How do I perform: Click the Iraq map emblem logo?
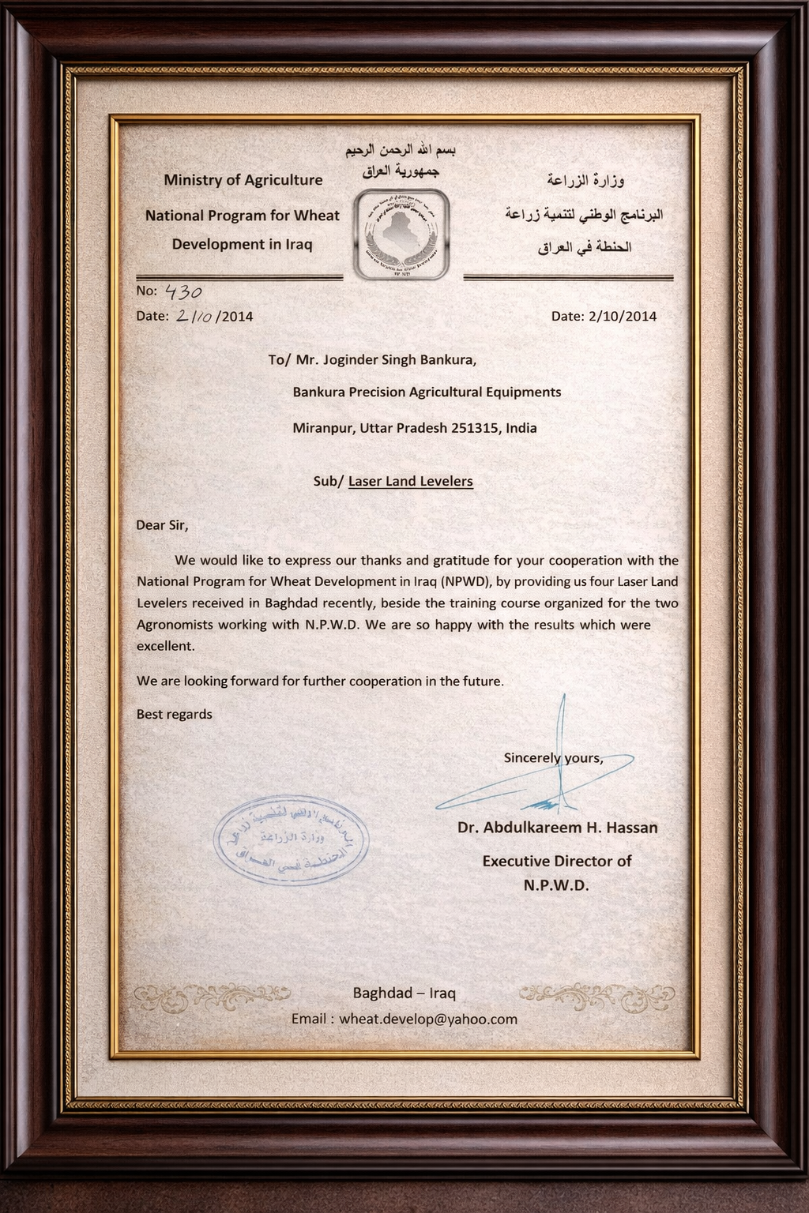[x=402, y=235]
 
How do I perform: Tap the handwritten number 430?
[x=181, y=292]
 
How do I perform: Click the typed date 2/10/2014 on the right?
[x=623, y=317]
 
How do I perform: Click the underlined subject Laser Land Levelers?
[x=410, y=481]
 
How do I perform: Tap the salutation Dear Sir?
[x=163, y=525]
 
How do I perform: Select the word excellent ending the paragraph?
[x=165, y=646]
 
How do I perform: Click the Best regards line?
[x=175, y=715]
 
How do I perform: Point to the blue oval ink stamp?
[x=292, y=840]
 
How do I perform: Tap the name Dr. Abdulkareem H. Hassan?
[x=557, y=828]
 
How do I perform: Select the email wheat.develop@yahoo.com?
[x=428, y=1020]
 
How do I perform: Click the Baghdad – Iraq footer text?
[x=404, y=993]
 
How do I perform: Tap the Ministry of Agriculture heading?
[x=243, y=180]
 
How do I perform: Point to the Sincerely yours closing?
[x=553, y=758]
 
